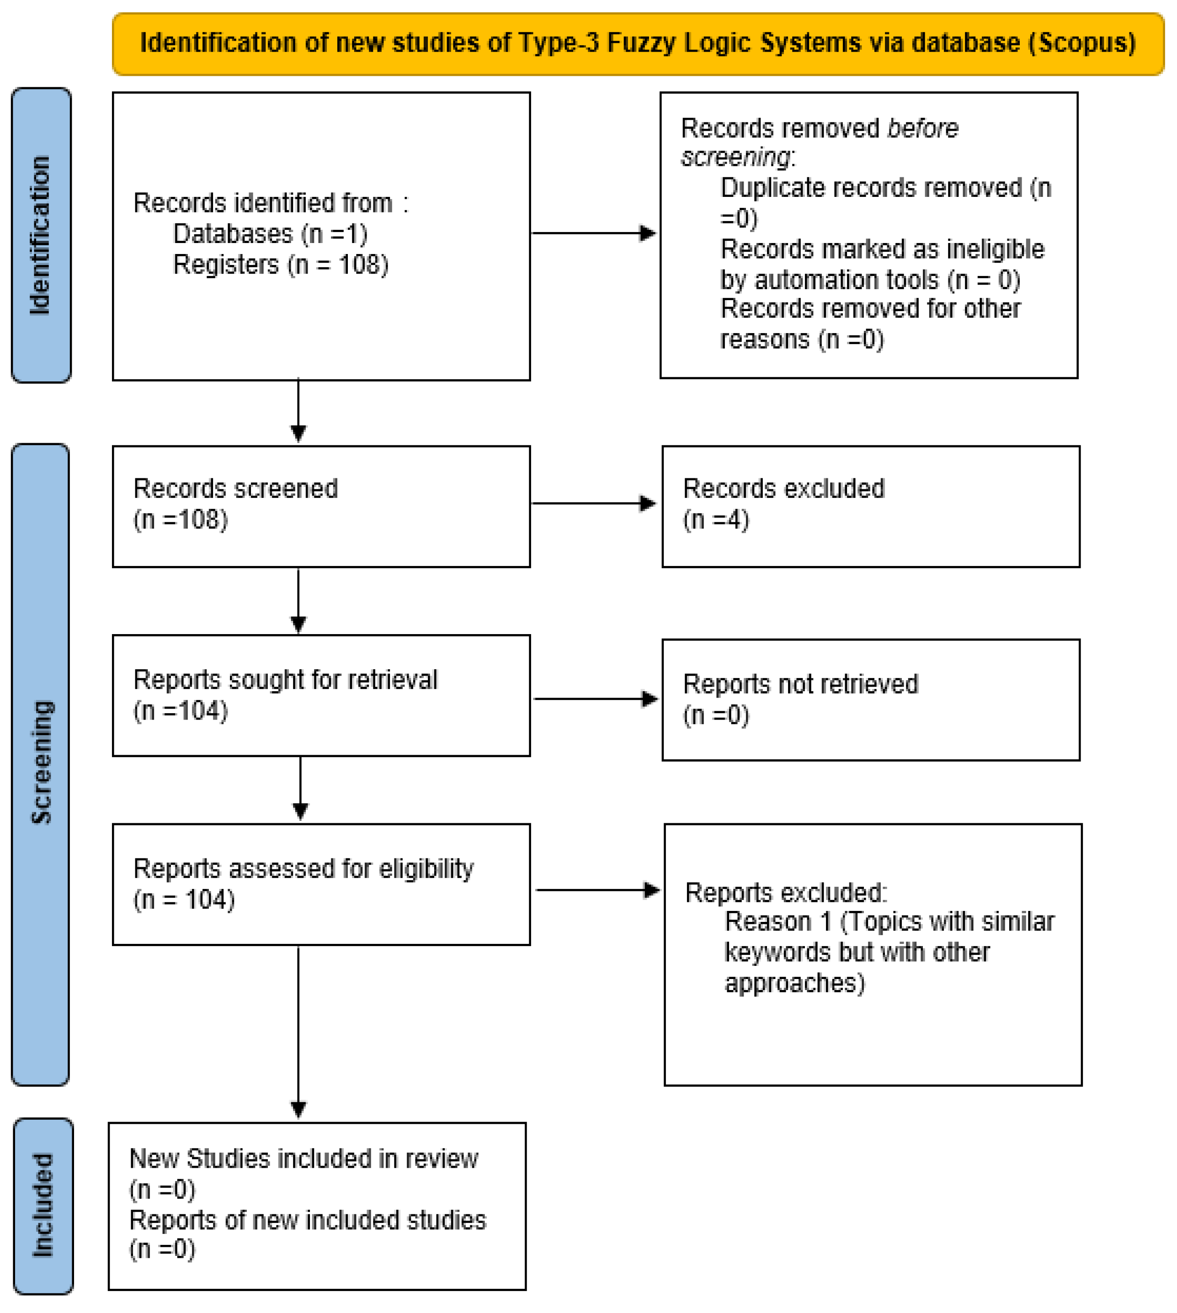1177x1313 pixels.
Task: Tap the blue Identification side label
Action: tap(41, 235)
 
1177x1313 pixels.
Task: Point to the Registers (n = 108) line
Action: tap(280, 265)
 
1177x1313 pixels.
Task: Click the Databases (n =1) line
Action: tap(270, 233)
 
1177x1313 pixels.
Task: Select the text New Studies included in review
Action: tap(304, 1159)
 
